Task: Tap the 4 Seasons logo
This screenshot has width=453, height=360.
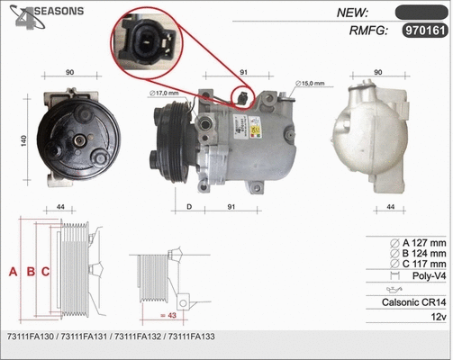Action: click(x=45, y=15)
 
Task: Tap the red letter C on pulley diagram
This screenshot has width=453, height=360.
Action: click(x=44, y=271)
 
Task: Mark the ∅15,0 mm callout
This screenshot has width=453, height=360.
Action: click(x=312, y=84)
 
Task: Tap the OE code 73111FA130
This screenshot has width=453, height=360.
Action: click(x=31, y=336)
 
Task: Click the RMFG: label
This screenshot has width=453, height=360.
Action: click(x=367, y=31)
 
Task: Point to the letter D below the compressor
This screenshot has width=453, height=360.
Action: click(x=188, y=209)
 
